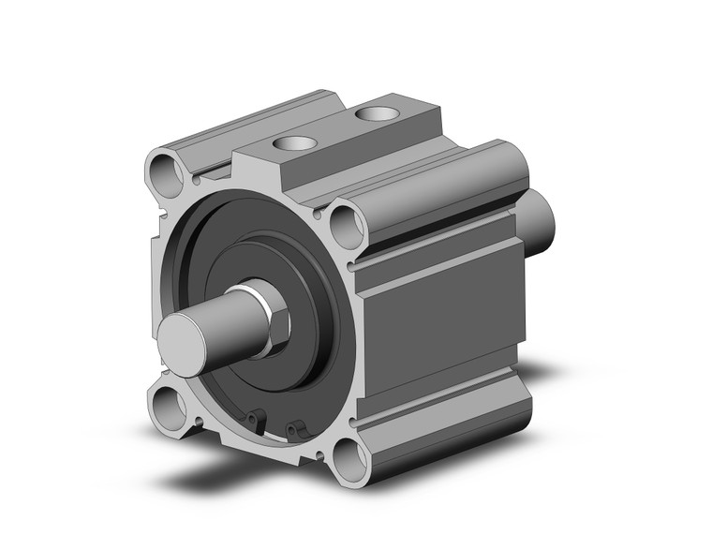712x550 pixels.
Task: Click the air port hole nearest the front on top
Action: (x=292, y=144)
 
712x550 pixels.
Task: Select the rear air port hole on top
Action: (x=377, y=114)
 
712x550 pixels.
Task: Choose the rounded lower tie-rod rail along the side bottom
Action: (x=440, y=426)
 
